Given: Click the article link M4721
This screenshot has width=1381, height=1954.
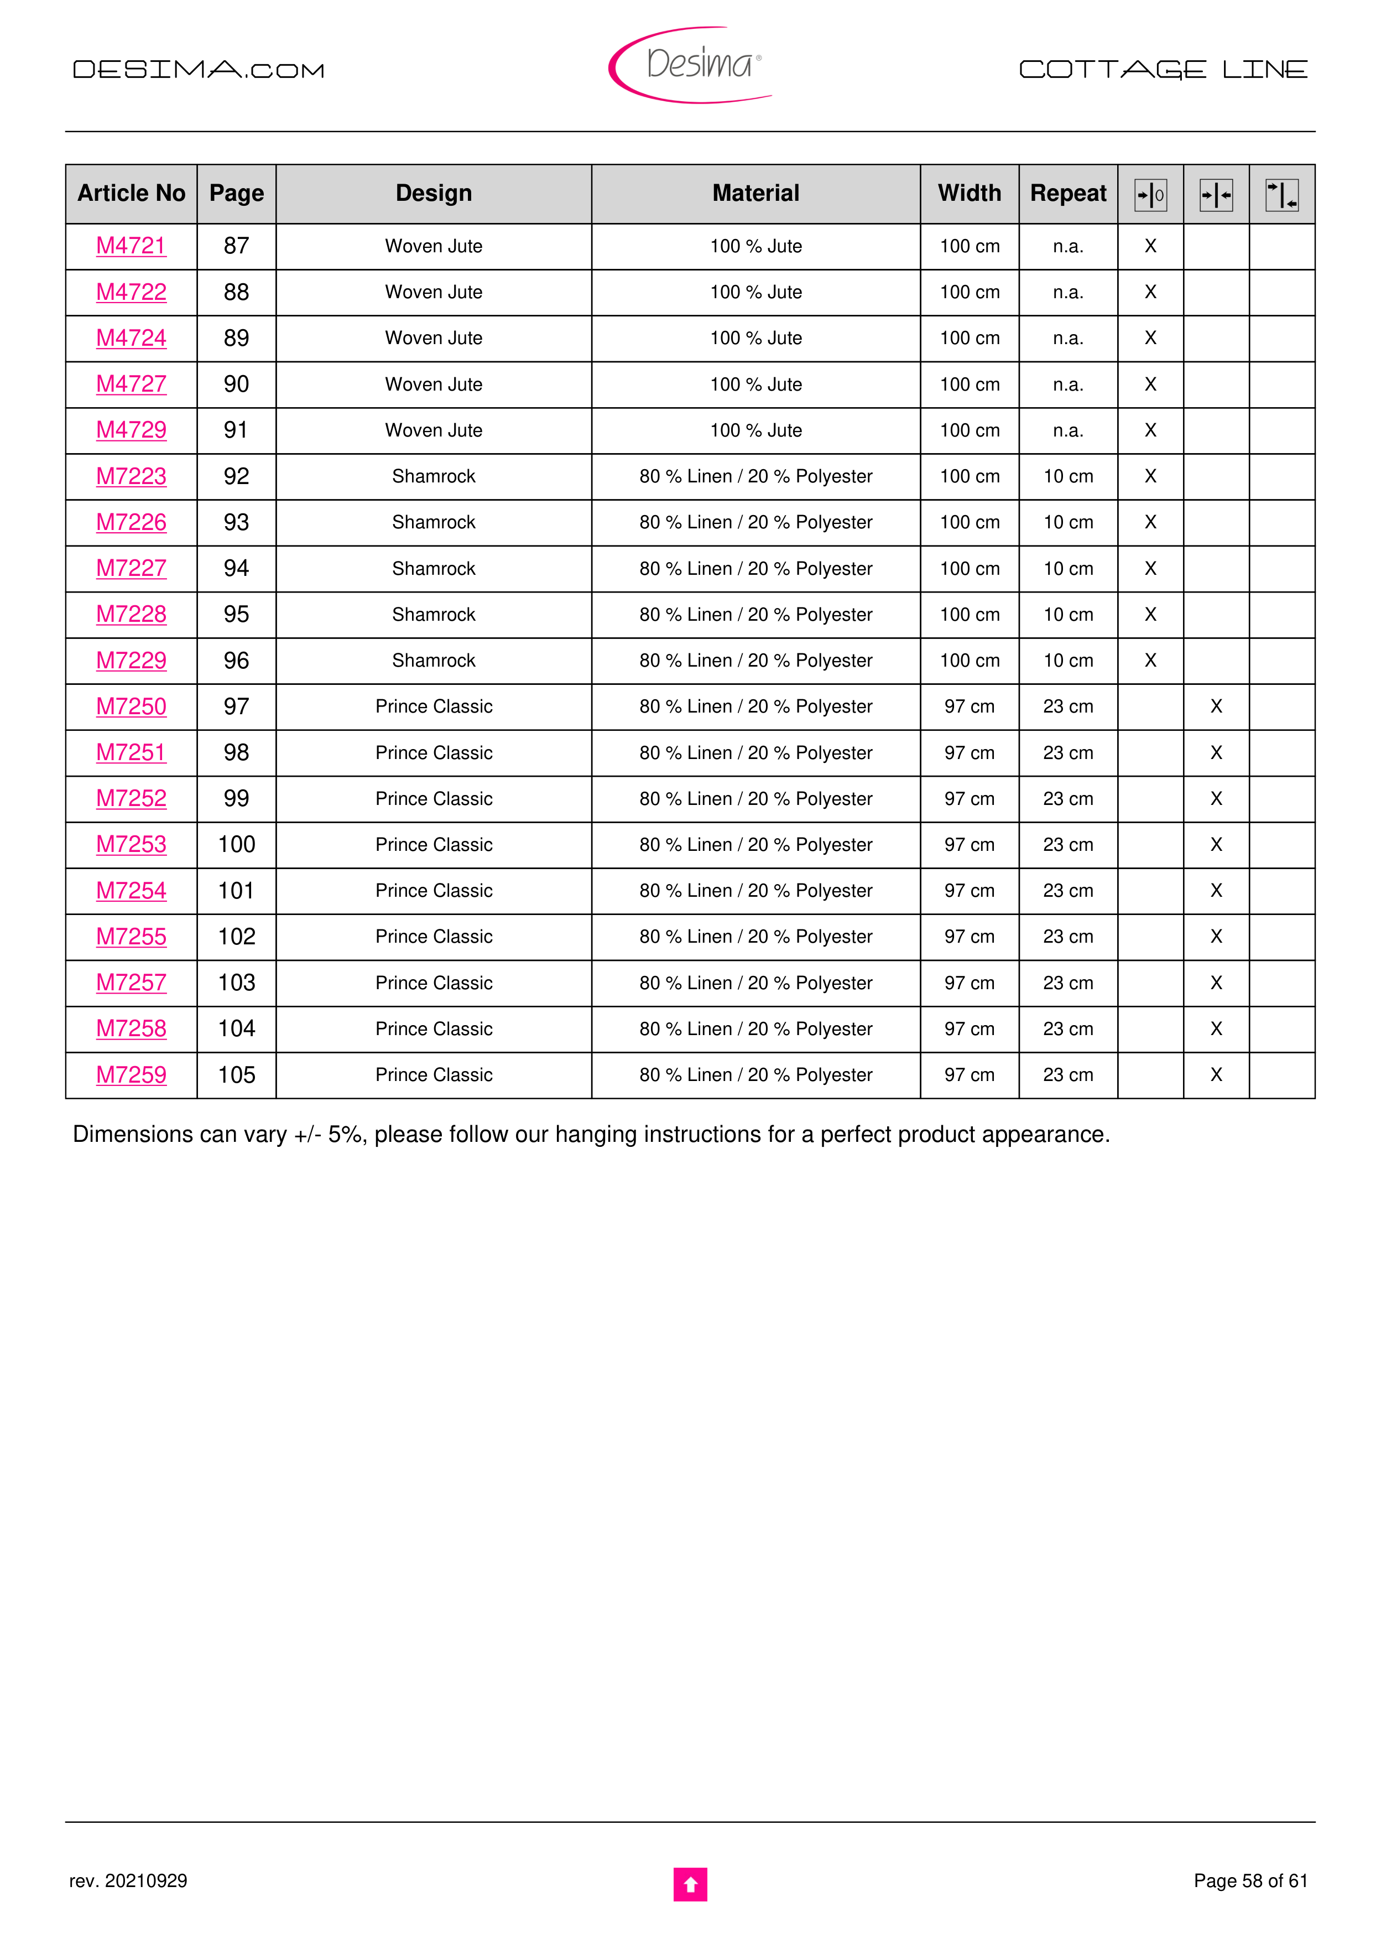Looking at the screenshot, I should tap(131, 246).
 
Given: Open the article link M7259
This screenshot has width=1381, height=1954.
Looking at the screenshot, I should tap(131, 1075).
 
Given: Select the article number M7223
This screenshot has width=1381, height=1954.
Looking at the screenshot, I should tap(131, 476).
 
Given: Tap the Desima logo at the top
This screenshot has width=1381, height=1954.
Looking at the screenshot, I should tap(691, 65).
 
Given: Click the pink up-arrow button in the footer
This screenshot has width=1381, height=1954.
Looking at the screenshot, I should tap(690, 1884).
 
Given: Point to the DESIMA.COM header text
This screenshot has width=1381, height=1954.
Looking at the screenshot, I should tap(198, 70).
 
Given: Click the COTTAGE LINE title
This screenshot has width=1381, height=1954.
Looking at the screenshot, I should tap(1163, 70).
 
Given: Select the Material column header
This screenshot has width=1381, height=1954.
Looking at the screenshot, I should tap(755, 193).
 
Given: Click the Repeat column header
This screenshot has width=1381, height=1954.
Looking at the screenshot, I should tap(1068, 193).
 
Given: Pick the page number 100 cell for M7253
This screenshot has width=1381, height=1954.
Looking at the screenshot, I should tap(237, 844).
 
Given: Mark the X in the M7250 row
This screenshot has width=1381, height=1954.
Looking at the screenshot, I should tap(1216, 706).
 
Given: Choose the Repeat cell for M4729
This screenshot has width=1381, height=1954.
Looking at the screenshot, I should tap(1068, 430).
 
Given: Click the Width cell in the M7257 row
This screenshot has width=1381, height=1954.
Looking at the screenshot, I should tap(969, 983).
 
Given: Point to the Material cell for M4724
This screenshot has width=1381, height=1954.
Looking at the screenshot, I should tap(755, 338).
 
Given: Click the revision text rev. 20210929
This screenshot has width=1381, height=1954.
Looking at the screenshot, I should tap(128, 1881).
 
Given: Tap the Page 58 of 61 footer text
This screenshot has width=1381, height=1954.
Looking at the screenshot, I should tap(1250, 1881).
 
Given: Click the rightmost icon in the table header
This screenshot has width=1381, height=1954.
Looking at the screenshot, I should tap(1281, 195).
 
